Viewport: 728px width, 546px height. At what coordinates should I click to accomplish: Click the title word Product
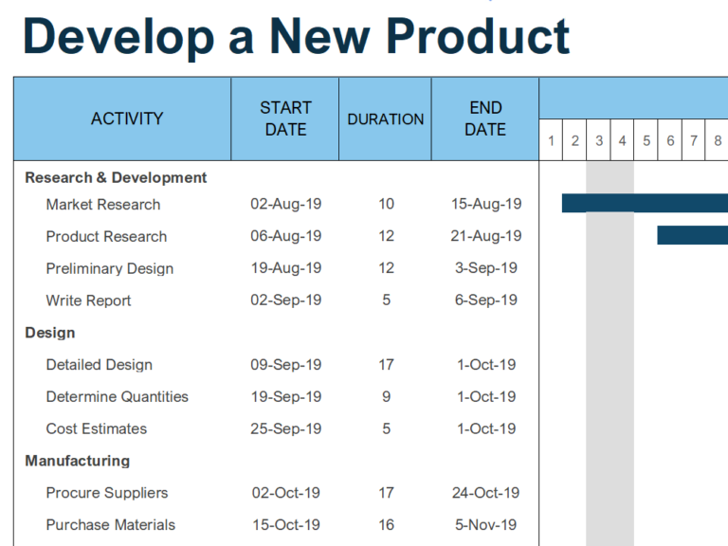click(x=478, y=36)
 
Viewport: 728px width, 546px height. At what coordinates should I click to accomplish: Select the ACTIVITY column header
click(x=127, y=118)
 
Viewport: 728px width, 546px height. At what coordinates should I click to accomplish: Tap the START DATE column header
click(x=285, y=118)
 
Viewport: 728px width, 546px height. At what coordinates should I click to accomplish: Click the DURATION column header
click(x=385, y=119)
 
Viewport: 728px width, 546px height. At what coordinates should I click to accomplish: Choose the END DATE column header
click(x=485, y=118)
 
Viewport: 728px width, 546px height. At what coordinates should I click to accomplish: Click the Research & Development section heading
click(x=116, y=177)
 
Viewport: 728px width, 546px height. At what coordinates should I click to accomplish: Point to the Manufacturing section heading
click(x=78, y=461)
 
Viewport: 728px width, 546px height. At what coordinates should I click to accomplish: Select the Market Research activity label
click(x=103, y=204)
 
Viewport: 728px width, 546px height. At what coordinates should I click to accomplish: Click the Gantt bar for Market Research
click(x=645, y=203)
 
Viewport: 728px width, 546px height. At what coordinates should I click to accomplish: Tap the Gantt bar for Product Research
click(x=692, y=235)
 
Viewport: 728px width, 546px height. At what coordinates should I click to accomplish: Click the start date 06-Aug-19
click(x=285, y=236)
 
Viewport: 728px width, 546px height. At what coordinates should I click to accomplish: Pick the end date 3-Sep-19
click(x=486, y=268)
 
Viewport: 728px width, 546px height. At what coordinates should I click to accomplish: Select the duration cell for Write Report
click(x=386, y=300)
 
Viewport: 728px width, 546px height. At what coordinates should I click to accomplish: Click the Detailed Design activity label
click(x=100, y=365)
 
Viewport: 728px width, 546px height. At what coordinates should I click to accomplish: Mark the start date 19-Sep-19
click(x=285, y=396)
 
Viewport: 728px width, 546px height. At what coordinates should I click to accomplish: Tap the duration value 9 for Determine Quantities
click(x=386, y=396)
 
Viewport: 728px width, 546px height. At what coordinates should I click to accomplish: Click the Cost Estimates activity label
click(x=97, y=428)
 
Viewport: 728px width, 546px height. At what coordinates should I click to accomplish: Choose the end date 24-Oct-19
click(x=486, y=493)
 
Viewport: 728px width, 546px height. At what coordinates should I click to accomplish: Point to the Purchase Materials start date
click(x=285, y=525)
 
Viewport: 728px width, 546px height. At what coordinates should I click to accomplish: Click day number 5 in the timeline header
click(x=646, y=141)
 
